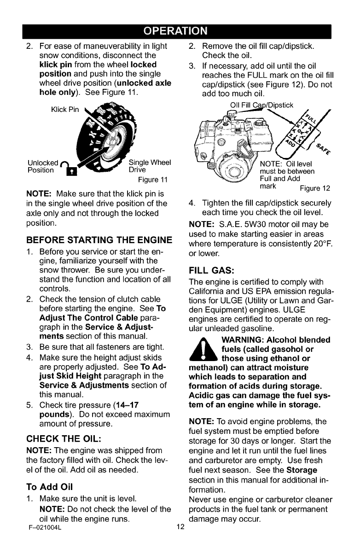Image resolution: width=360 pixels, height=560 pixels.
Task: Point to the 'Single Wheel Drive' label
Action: (x=150, y=165)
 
